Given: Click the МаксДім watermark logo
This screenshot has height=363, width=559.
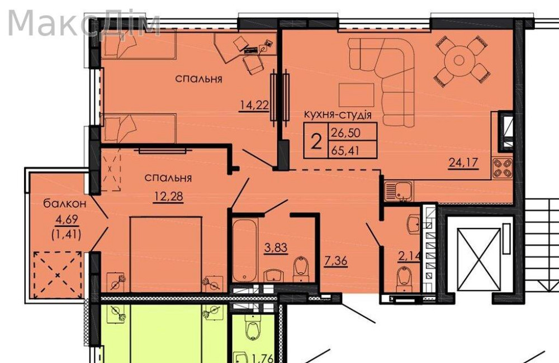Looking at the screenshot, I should [x=84, y=23].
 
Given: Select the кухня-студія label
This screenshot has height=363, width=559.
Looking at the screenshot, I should [x=338, y=115].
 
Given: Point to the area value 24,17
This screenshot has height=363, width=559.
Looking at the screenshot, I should [x=463, y=164].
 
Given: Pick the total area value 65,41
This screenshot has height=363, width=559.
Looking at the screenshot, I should [x=345, y=150].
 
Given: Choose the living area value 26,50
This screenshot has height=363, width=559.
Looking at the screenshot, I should [x=345, y=133].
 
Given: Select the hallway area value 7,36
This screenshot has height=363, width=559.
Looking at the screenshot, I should [x=336, y=260].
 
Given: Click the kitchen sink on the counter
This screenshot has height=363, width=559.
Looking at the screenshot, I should [x=399, y=190].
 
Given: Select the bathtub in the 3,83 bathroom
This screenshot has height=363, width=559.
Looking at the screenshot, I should [x=245, y=250].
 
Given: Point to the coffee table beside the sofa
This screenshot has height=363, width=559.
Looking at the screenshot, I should [x=356, y=95].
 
